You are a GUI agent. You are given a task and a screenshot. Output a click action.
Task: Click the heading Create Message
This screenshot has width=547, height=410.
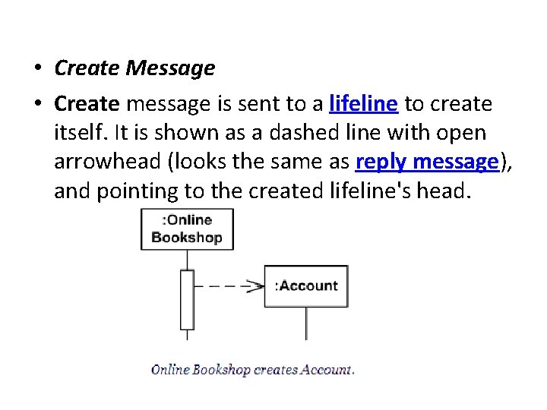click(134, 68)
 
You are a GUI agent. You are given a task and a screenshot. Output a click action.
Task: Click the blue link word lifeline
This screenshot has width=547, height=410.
click(363, 103)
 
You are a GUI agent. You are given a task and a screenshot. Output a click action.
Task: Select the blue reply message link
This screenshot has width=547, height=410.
click(426, 162)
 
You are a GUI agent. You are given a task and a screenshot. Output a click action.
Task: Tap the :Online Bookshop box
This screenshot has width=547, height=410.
click(187, 229)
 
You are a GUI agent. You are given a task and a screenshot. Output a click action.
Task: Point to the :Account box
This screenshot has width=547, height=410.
click(306, 286)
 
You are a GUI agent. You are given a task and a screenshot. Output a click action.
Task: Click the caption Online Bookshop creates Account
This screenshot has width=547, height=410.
click(252, 371)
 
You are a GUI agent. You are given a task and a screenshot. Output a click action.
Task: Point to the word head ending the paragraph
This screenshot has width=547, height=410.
click(447, 191)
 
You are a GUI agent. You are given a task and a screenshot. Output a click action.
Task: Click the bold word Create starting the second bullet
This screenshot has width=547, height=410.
click(87, 103)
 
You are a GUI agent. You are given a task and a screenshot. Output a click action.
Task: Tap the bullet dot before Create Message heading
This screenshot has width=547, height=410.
click(36, 69)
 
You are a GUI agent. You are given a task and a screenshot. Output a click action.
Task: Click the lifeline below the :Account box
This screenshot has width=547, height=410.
click(306, 323)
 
